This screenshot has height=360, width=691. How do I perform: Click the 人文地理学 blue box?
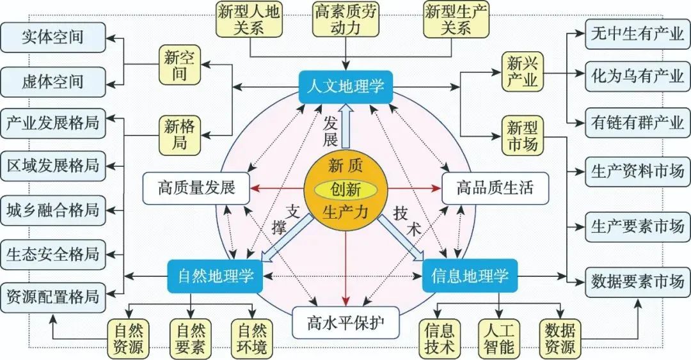pos(346,86)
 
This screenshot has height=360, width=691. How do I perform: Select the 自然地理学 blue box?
pos(211,276)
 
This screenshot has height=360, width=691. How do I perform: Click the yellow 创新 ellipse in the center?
pos(345,189)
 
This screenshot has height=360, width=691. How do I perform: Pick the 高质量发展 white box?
pos(196,188)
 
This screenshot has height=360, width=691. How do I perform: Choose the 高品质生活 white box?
pos(495,188)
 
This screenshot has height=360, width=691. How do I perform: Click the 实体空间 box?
pos(52,36)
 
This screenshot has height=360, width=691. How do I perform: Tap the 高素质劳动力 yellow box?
pos(346,19)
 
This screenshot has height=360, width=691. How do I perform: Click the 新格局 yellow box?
pos(179,135)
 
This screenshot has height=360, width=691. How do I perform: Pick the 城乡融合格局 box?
pos(52,209)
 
